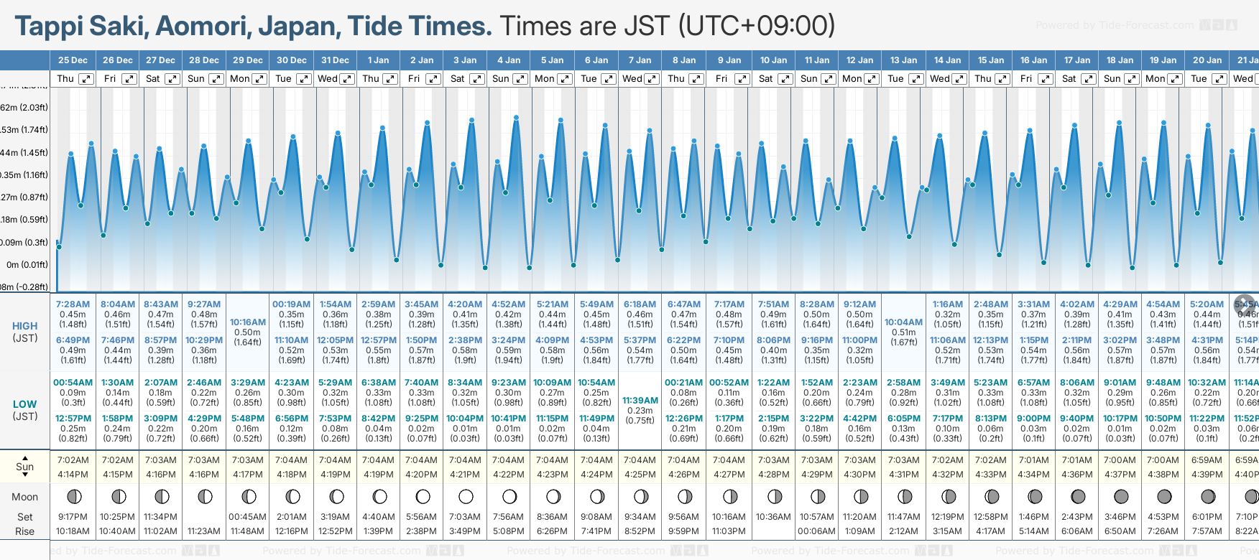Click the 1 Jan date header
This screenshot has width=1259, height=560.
(378, 60)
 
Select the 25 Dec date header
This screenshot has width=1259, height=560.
(73, 60)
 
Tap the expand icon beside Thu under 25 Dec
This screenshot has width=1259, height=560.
(86, 79)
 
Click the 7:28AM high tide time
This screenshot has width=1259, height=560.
(73, 304)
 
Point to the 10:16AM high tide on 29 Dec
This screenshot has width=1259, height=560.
(248, 322)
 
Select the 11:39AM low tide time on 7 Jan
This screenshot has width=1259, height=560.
(640, 401)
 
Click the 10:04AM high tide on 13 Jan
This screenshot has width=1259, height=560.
(903, 322)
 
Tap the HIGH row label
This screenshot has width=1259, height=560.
(24, 326)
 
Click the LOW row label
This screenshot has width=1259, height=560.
(24, 404)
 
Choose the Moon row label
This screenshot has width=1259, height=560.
(24, 497)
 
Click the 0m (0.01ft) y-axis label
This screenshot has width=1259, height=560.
(27, 265)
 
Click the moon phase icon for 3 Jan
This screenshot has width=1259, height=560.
(466, 497)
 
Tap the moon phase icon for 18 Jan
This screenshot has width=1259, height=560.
(1120, 497)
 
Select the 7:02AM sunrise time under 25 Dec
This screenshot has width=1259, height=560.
(73, 460)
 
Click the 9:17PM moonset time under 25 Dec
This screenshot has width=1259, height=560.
(73, 517)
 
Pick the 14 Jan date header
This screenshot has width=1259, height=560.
(947, 60)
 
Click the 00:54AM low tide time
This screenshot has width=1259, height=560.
(73, 383)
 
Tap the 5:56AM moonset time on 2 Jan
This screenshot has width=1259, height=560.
(421, 517)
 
